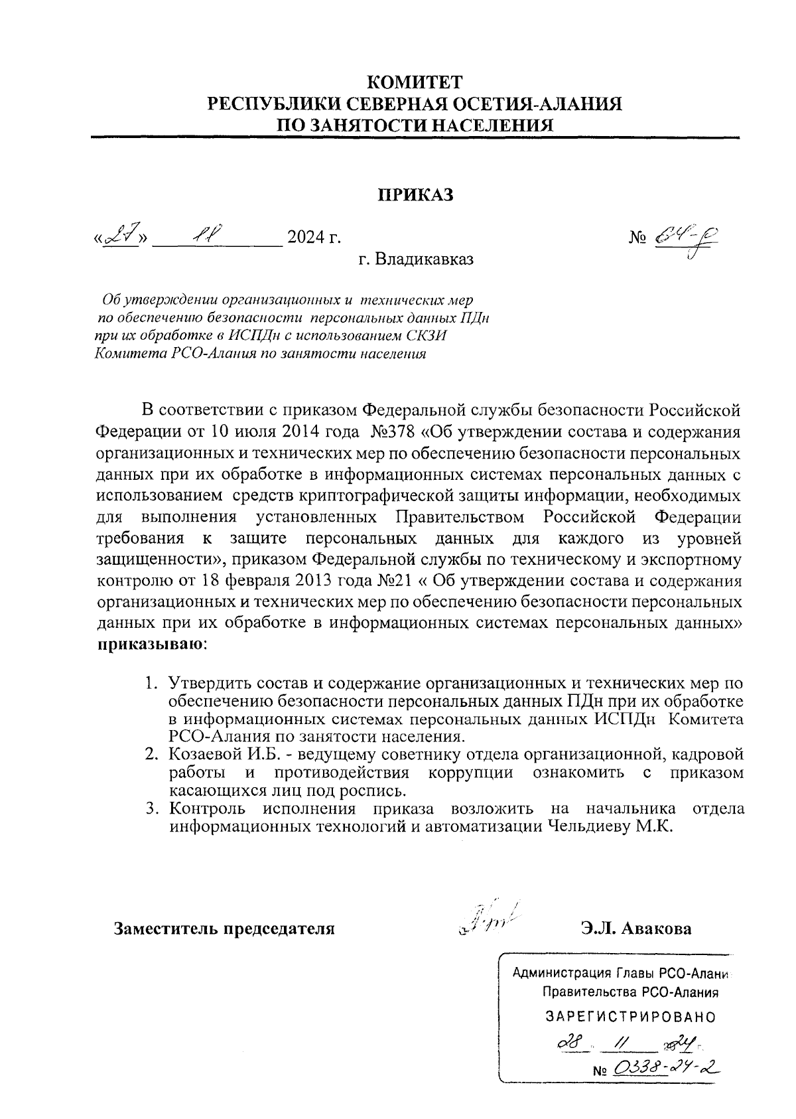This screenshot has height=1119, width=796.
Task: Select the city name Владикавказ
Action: pos(425,260)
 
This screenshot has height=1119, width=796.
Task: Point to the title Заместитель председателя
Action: pos(224,928)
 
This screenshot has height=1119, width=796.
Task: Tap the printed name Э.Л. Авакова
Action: pos(635,928)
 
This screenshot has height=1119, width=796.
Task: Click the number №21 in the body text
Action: pos(396,581)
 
